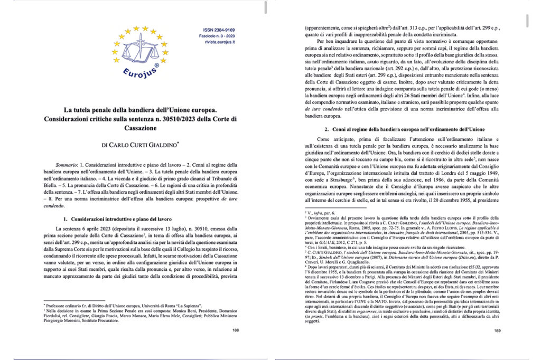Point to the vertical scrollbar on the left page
point(260,20)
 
